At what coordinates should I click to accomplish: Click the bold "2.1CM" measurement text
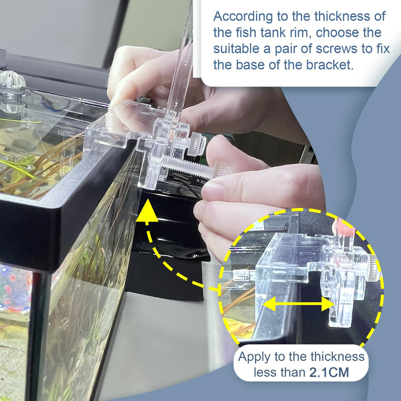point(329,373)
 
